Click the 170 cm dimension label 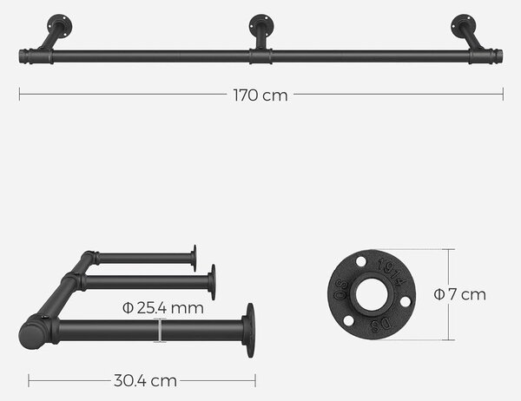260,95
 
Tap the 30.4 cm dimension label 145,381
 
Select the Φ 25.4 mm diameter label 163,308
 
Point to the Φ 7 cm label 459,294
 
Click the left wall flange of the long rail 60,25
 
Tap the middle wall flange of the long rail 261,24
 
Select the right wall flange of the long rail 463,25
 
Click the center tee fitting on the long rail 260,56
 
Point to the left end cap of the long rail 24,56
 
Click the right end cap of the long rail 498,56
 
